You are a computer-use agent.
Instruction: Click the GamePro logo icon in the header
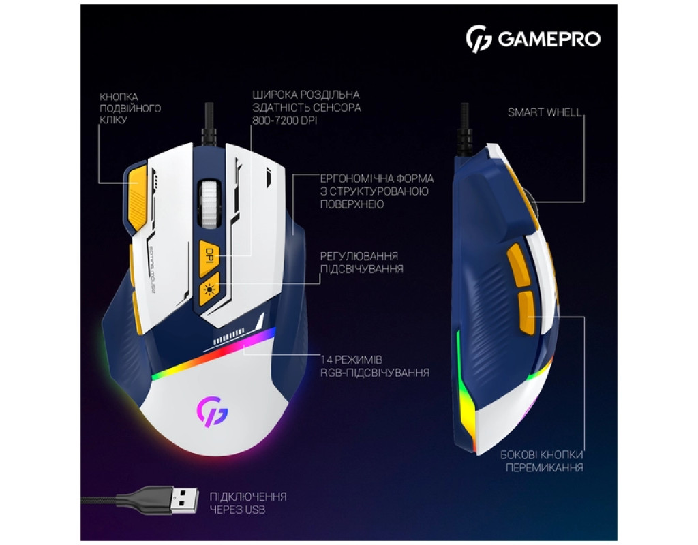click(x=479, y=39)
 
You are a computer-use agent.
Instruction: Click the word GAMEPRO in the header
click(x=549, y=39)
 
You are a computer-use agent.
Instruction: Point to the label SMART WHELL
click(x=545, y=112)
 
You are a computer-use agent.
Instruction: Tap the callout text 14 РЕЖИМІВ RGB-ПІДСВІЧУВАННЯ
click(x=374, y=366)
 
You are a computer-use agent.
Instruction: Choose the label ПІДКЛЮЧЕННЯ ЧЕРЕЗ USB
click(x=247, y=503)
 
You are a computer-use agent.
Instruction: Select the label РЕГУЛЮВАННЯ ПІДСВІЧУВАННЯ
click(x=361, y=262)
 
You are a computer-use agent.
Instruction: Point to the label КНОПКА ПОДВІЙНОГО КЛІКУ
click(x=130, y=108)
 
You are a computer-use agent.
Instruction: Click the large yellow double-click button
click(x=136, y=199)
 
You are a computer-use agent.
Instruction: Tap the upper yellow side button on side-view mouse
click(x=519, y=266)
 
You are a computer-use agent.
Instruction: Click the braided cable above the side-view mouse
click(x=465, y=126)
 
